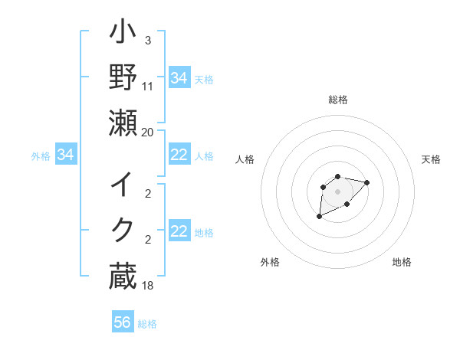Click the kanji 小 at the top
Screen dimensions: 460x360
pos(123,34)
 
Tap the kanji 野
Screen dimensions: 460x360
pos(123,79)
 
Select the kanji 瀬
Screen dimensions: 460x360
pos(123,123)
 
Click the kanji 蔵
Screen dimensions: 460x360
pos(123,276)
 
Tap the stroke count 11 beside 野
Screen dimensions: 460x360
pos(148,87)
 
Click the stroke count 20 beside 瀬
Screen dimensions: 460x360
pos(148,132)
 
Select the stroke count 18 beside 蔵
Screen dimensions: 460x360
pos(148,285)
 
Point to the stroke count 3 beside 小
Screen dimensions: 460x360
pos(148,40)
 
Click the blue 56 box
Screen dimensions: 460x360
pos(123,322)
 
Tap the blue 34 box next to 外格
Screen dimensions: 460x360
pos(66,155)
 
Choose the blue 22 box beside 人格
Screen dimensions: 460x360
pos(179,155)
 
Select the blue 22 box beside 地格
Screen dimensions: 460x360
pos(179,232)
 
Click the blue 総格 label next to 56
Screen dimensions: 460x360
pos(148,324)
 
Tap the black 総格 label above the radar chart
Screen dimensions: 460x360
pos(338,100)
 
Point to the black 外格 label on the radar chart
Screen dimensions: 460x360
pos(270,262)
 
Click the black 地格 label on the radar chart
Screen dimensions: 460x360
pos(402,262)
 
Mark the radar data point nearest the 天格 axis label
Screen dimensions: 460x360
pos(367,182)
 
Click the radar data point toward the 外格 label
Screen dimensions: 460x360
pos(319,217)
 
